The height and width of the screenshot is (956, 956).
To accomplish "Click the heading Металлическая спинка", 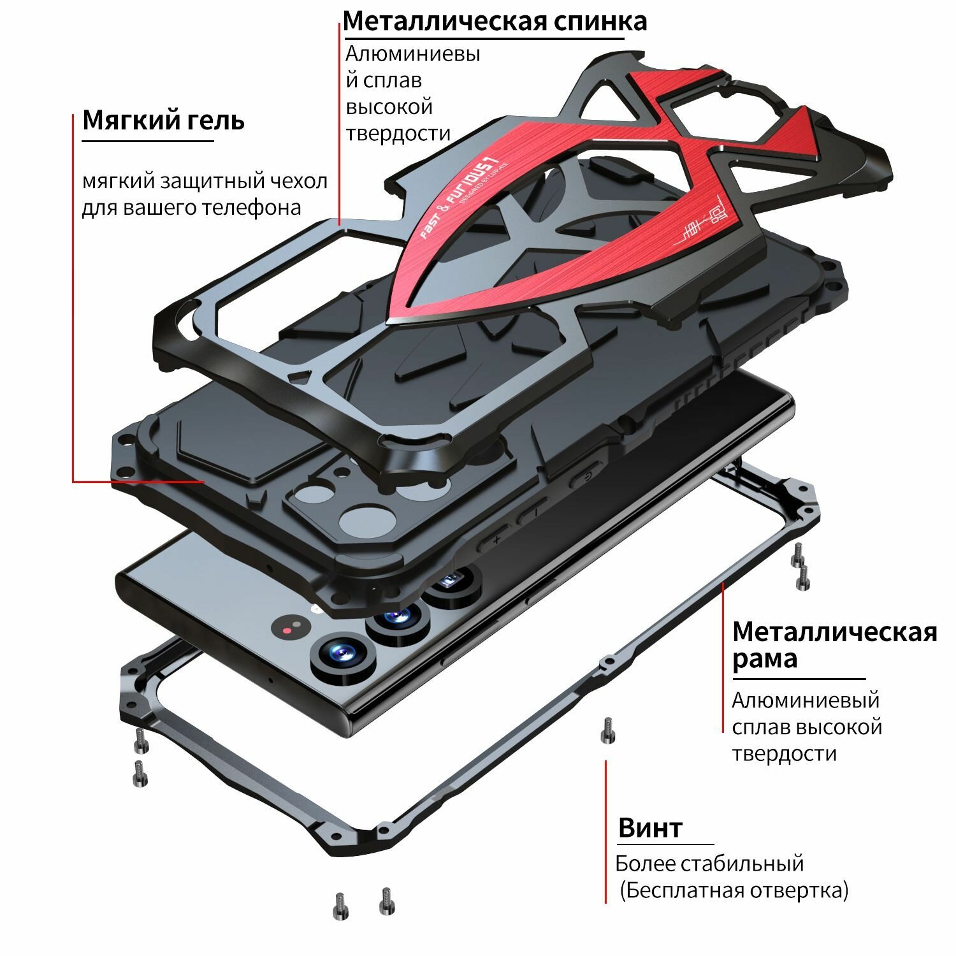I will pos(495,20).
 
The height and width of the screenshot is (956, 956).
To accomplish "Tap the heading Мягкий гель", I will pos(163,120).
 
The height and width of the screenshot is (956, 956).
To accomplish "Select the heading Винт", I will pos(650,828).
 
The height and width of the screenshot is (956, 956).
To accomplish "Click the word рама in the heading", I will pos(764,658).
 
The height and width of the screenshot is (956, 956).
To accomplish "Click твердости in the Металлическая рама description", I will pos(784,753).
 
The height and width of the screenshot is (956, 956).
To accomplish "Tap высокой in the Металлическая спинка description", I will pos(389,107).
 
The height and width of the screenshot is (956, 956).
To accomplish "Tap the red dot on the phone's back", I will pos(287,630).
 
